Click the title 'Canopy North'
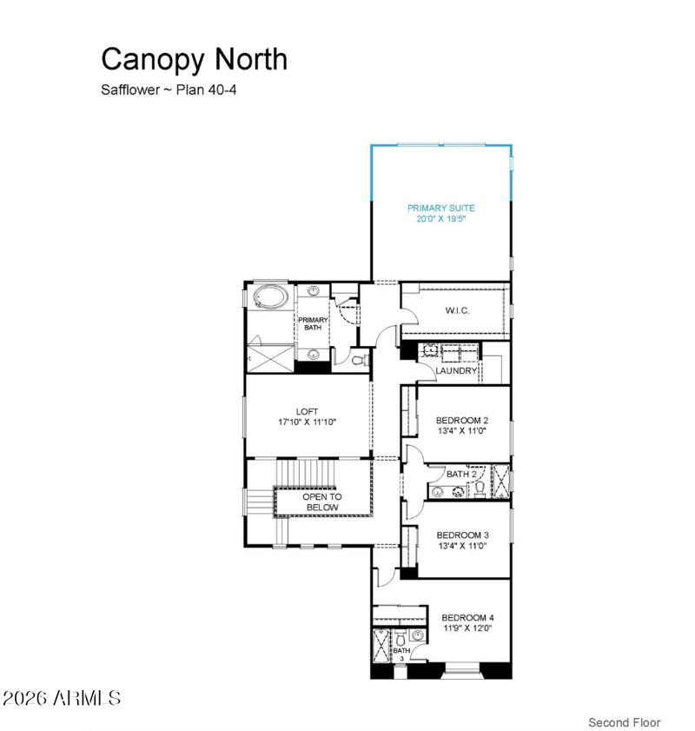[x=194, y=59]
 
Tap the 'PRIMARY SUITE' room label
[x=441, y=208]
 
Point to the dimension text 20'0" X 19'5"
[x=441, y=219]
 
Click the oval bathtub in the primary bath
[x=270, y=298]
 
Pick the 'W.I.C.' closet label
[x=457, y=311]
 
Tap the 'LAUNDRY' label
[x=457, y=371]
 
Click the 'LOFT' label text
[x=307, y=410]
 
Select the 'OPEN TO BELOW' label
[x=322, y=502]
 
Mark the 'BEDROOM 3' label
[x=462, y=535]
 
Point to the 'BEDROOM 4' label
[x=467, y=618]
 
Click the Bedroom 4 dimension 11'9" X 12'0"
[x=467, y=628]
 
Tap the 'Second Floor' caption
[x=624, y=722]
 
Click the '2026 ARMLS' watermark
[x=62, y=698]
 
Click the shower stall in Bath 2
[x=500, y=481]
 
